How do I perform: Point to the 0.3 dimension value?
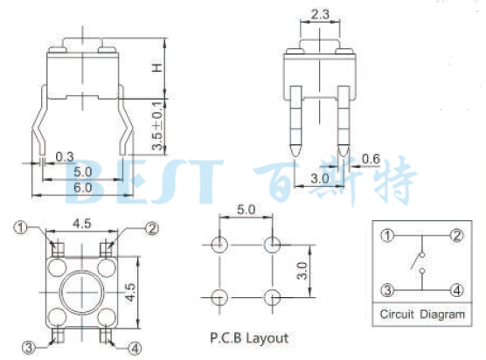pos(64,157)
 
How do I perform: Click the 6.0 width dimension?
pos(83,187)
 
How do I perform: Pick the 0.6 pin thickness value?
pos(371,158)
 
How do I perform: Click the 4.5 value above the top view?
pos(82,222)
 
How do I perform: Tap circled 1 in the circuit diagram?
pos(386,235)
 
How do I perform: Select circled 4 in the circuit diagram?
pos(456,290)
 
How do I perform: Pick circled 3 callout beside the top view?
pos(29,348)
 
